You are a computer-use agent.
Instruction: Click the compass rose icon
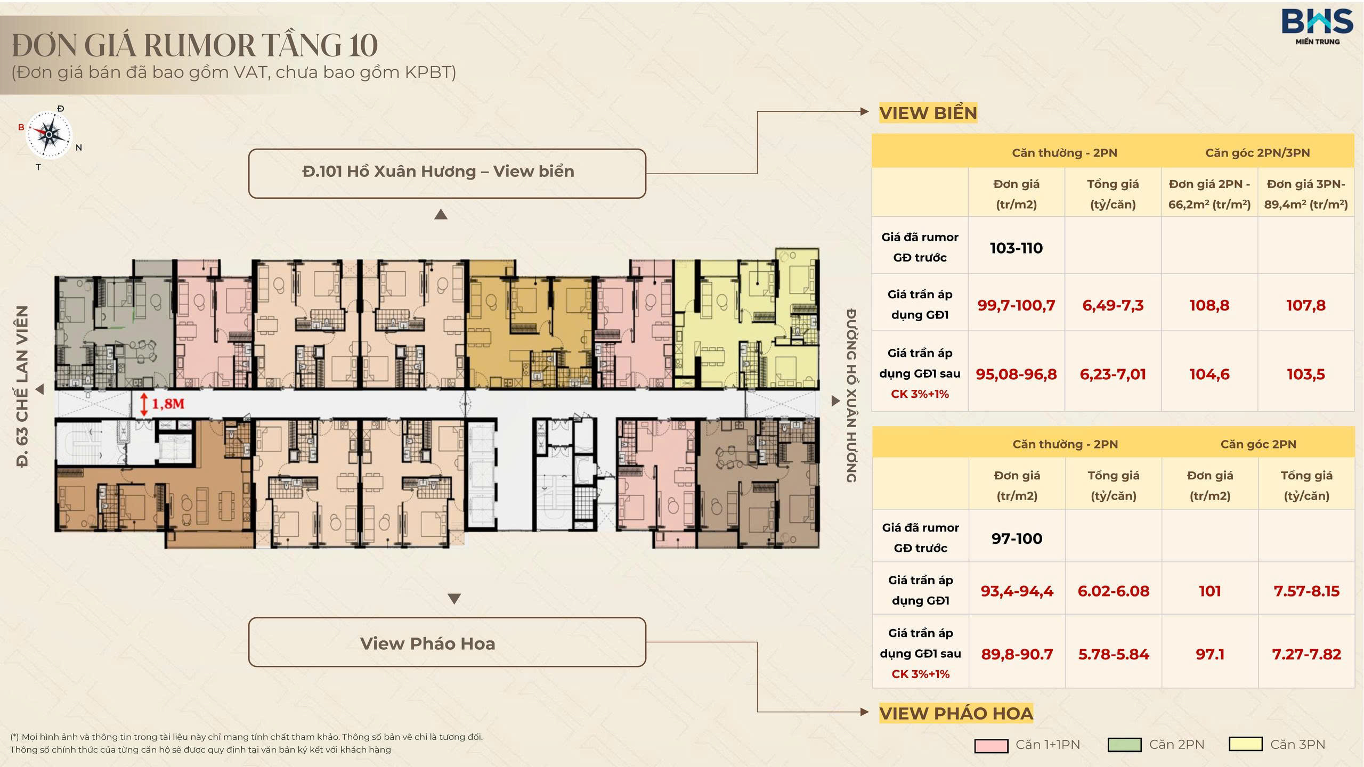(x=49, y=135)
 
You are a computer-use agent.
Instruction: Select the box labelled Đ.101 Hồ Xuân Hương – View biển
(x=447, y=174)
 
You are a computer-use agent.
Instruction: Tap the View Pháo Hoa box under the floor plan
(x=447, y=642)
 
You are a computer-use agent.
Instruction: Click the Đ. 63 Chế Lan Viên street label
(x=22, y=387)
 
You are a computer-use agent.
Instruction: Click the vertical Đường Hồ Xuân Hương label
(x=851, y=395)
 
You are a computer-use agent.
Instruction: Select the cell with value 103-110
(x=1016, y=248)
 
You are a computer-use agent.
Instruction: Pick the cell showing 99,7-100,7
(x=1016, y=305)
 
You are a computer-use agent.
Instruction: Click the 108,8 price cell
(x=1209, y=305)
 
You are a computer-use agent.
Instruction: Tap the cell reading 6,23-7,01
(x=1113, y=374)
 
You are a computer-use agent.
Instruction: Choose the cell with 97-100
(x=1017, y=538)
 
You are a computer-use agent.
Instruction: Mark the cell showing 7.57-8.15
(x=1306, y=591)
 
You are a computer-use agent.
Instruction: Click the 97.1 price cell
(x=1210, y=654)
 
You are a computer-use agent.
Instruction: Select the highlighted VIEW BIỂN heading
(x=928, y=113)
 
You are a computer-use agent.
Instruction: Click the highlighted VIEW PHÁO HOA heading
(x=956, y=713)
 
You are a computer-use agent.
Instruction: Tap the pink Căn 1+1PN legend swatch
(x=991, y=745)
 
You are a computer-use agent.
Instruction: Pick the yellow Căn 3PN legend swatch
(x=1246, y=744)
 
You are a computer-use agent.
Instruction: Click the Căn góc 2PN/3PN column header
(x=1257, y=153)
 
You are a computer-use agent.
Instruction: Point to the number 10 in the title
(x=363, y=45)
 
